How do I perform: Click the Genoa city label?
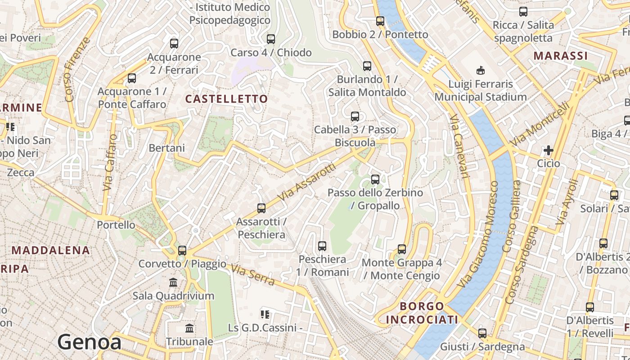click(x=89, y=342)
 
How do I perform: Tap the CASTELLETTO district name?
click(x=226, y=99)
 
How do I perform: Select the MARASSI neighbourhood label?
click(x=561, y=56)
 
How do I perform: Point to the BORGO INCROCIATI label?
click(x=422, y=313)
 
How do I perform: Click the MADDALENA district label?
click(x=51, y=250)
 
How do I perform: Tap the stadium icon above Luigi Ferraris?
click(x=481, y=70)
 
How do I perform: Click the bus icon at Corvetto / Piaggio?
click(x=182, y=251)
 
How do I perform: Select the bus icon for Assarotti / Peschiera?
click(x=261, y=208)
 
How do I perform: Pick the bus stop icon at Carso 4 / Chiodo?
click(x=271, y=39)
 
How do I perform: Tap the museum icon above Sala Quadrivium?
click(x=173, y=283)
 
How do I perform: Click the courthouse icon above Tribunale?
click(x=189, y=328)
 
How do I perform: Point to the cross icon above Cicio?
click(x=548, y=150)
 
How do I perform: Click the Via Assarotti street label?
click(x=307, y=182)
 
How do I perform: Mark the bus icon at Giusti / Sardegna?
click(x=482, y=333)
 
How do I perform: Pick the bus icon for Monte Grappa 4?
click(x=402, y=249)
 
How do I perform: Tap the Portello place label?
click(x=116, y=225)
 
